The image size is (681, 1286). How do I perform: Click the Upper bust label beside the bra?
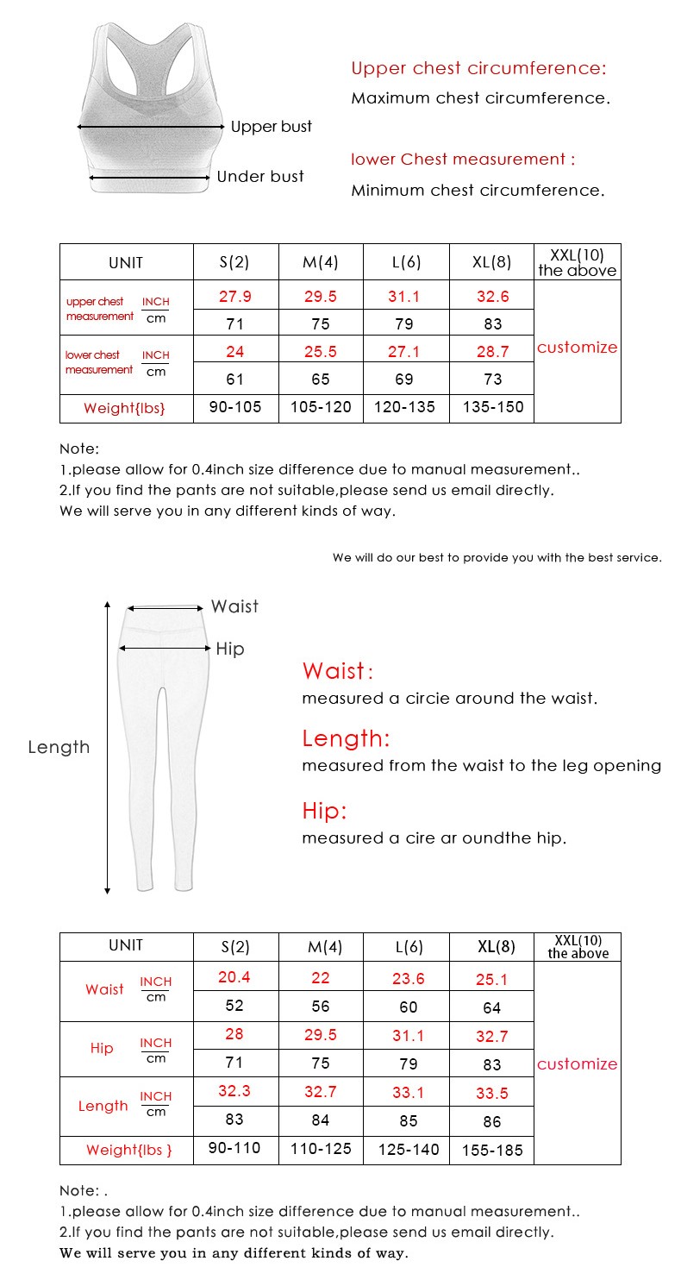point(271,127)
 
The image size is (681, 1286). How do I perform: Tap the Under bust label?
point(260,177)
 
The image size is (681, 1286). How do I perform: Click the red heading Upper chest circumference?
point(478,69)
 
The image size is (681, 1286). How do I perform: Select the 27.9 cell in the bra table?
point(234,297)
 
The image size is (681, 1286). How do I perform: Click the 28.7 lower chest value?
point(492,352)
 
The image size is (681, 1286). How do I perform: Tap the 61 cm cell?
point(234,380)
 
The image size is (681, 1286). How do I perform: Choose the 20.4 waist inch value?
point(234,977)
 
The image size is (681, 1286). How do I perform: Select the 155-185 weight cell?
point(491,1151)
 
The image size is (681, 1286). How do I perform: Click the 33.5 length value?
point(492,1094)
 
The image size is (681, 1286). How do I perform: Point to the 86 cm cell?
point(492,1122)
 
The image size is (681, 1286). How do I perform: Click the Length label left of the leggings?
point(59,748)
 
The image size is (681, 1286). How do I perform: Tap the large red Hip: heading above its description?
point(324,812)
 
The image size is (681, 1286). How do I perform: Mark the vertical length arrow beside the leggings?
point(108,747)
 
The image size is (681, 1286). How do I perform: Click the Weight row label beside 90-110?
point(128,1151)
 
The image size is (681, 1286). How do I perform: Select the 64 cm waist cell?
point(492,1007)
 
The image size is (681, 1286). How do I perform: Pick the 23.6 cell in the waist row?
point(408,979)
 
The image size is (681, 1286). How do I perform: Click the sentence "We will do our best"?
point(497,558)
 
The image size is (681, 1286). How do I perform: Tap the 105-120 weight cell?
point(321,407)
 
